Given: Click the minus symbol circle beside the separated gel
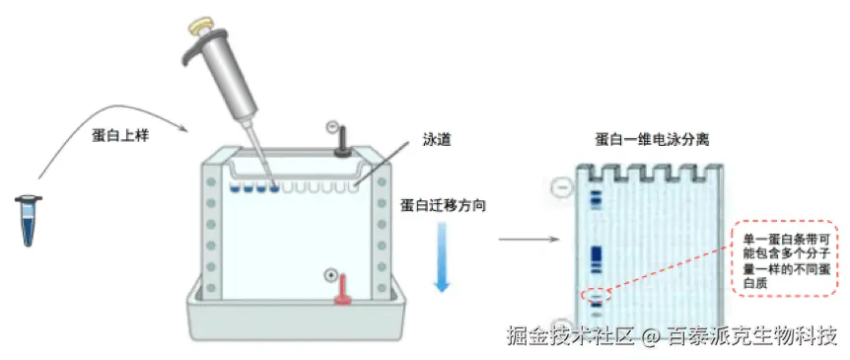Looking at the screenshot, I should (561, 185).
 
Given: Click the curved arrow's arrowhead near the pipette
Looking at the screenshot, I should (183, 129).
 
